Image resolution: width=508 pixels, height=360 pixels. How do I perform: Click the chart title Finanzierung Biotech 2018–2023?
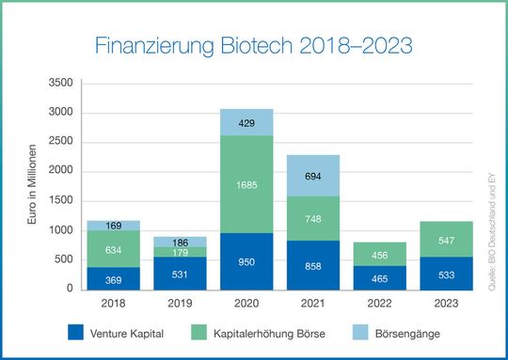click(254, 45)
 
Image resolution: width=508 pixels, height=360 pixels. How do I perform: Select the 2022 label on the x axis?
click(380, 303)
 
